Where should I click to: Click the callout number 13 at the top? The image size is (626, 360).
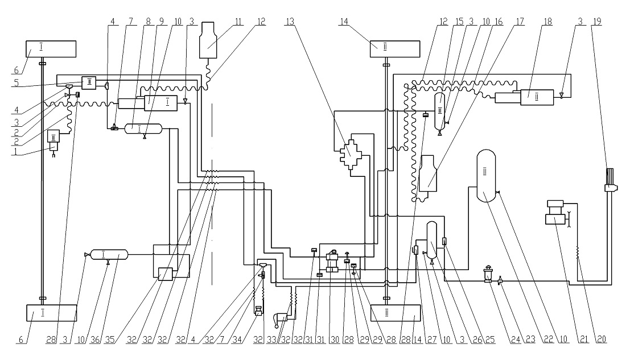[290, 22]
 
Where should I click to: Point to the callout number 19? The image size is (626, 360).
[597, 22]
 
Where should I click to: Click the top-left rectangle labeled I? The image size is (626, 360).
[51, 49]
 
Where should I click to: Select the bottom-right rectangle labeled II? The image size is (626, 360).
[396, 313]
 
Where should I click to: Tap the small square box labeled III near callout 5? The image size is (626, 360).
[89, 82]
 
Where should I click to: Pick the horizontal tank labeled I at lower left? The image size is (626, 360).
[109, 254]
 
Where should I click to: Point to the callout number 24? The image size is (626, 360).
[516, 340]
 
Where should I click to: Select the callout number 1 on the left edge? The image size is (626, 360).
[17, 152]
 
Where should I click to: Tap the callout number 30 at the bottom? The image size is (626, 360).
[335, 340]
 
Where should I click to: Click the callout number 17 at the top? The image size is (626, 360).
[520, 22]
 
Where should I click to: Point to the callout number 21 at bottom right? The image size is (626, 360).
[584, 340]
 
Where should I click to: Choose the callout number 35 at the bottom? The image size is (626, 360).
[110, 340]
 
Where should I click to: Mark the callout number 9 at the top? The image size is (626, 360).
[162, 22]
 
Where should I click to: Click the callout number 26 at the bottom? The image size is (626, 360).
[477, 340]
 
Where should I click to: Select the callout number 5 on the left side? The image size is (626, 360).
[17, 83]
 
